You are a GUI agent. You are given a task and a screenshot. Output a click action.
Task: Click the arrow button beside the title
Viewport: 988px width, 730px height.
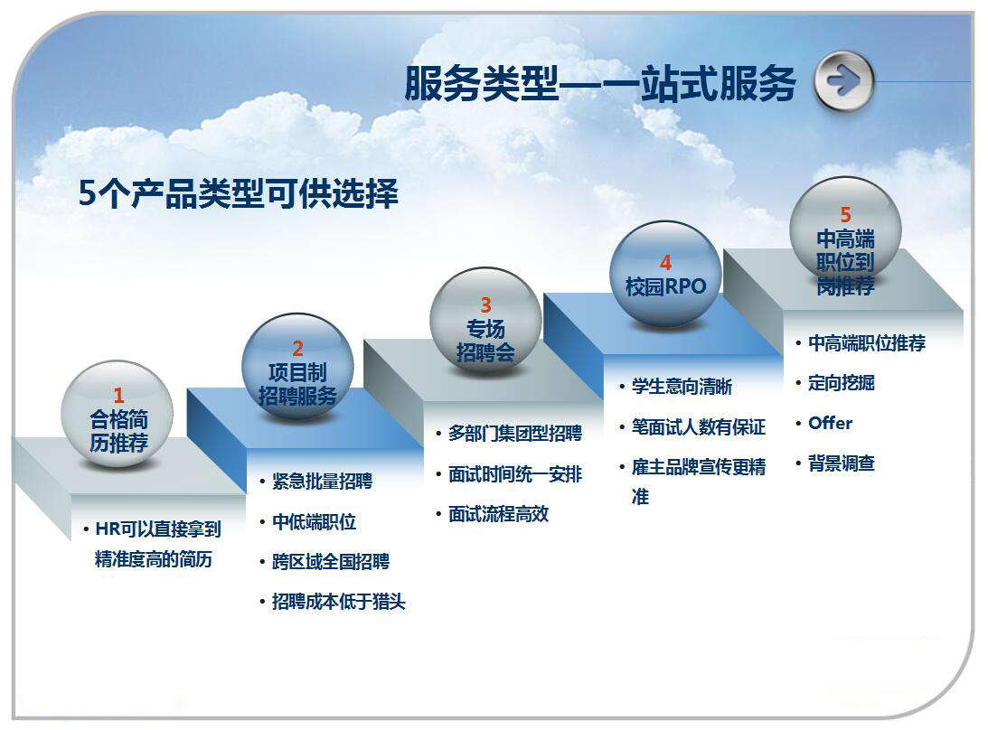pos(843,81)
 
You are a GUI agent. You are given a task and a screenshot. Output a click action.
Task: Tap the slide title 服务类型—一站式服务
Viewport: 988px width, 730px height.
pos(600,83)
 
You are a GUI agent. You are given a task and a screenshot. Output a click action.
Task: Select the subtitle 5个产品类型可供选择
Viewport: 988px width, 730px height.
pos(238,192)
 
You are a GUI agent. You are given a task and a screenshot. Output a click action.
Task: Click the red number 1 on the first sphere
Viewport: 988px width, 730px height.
pos(118,396)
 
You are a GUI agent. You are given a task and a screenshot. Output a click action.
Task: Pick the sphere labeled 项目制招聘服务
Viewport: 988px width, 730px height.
pos(297,367)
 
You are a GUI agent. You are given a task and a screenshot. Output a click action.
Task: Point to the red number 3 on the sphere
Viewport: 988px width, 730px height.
pos(485,305)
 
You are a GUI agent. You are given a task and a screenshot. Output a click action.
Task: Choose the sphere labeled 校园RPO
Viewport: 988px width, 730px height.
pos(665,274)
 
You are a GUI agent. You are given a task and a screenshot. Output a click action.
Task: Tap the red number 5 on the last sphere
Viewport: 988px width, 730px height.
pos(845,215)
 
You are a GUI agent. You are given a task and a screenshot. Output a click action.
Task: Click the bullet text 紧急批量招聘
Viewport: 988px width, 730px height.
pos(322,482)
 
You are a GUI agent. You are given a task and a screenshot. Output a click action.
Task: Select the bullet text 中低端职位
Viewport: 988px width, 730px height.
pos(314,521)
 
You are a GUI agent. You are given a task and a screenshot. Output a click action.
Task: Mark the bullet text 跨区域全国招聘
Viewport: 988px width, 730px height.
pos(331,561)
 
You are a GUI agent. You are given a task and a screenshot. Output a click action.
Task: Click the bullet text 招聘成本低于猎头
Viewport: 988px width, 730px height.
pos(338,602)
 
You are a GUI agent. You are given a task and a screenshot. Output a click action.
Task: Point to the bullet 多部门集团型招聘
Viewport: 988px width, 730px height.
pos(515,434)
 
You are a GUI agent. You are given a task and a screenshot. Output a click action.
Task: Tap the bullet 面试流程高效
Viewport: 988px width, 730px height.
pos(498,514)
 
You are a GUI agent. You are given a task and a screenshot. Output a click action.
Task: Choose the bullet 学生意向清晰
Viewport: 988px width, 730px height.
pos(682,386)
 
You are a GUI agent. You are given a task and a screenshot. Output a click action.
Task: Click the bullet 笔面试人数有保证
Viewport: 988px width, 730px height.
pos(698,427)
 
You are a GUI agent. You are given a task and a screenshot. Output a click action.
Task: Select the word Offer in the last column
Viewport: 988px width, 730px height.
pos(831,423)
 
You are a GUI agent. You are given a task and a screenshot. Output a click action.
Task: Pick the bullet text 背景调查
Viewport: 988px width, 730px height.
pos(842,463)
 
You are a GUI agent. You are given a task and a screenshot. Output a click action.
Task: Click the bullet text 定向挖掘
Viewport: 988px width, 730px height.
pos(842,382)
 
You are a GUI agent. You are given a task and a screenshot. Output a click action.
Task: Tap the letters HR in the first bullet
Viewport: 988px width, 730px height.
pos(108,529)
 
